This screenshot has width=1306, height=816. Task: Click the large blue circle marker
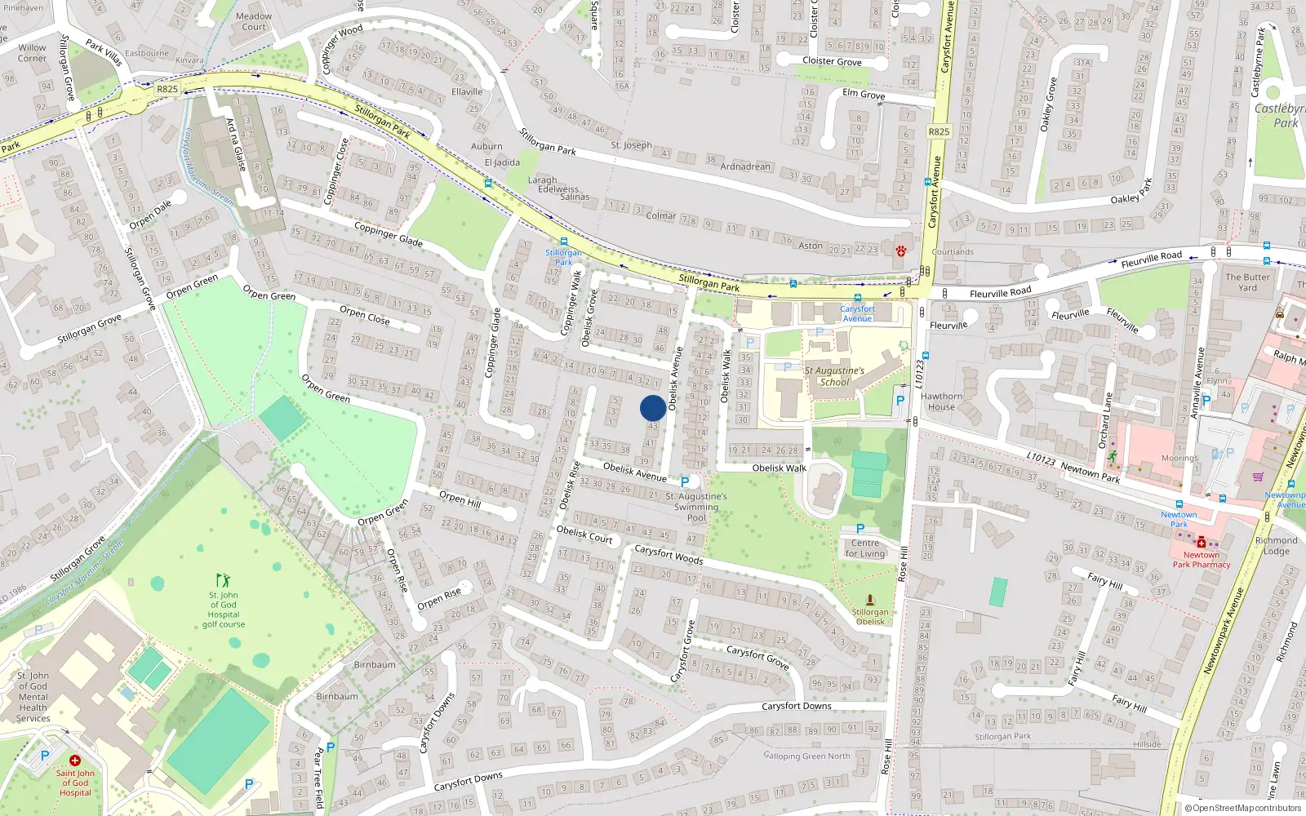point(653,408)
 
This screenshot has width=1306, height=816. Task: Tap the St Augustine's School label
point(834,376)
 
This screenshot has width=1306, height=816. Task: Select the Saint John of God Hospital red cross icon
point(75,761)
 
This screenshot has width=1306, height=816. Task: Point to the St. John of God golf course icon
point(224,581)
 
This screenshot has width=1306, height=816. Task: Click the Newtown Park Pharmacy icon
point(1202,542)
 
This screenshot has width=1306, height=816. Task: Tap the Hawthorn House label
point(941,401)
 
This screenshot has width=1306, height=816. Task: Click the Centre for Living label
point(865,548)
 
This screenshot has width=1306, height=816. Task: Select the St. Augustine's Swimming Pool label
point(696,507)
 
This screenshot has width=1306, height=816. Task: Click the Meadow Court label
point(254,21)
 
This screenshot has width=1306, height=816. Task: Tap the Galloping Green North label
point(807,756)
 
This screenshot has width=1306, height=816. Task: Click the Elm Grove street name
point(864,94)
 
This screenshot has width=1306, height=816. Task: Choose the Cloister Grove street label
point(832,61)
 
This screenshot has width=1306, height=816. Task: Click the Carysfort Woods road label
point(669,555)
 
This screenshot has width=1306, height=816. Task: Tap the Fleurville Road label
point(1001,293)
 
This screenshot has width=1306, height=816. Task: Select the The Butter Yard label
point(1247,282)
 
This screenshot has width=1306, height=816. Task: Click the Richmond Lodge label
point(1276,546)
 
